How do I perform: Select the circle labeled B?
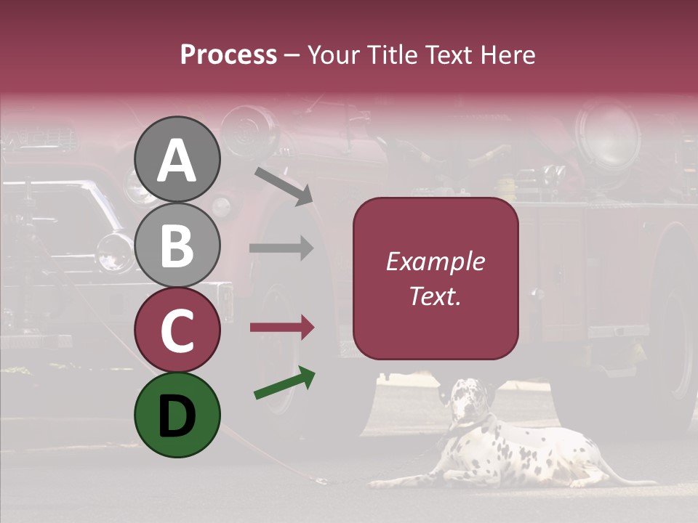coord(177,245)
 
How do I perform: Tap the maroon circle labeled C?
coord(177,330)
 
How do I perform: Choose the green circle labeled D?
coord(177,415)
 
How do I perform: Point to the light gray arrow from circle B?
coord(281,248)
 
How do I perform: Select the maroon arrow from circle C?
coord(281,328)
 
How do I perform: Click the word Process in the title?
coord(228,54)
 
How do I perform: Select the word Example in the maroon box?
coord(436,261)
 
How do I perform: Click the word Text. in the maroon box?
coord(436,296)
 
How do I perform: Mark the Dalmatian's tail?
coord(640,480)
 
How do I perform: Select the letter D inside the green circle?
coord(177,416)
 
